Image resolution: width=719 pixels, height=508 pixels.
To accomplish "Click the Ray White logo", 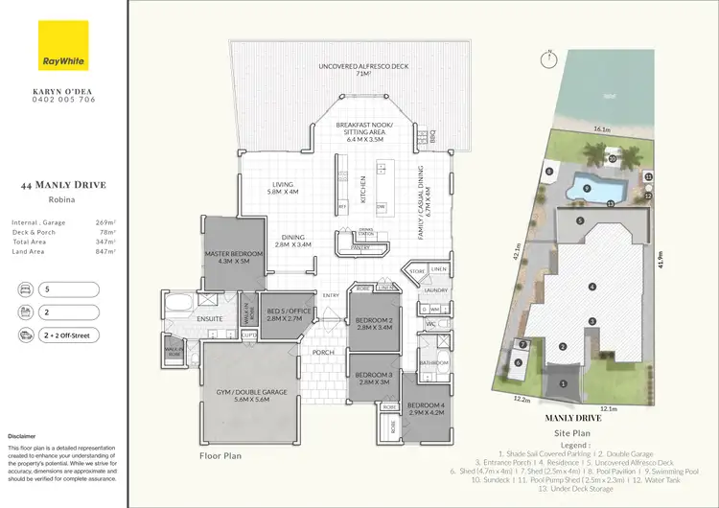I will point(63,49).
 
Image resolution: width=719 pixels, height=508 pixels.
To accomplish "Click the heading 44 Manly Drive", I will point(63,186).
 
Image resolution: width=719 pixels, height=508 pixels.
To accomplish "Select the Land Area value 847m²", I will point(104,251).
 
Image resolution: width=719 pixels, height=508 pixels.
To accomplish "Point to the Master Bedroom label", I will point(233,256).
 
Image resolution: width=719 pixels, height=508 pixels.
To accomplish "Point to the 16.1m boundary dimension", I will point(602,127).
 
